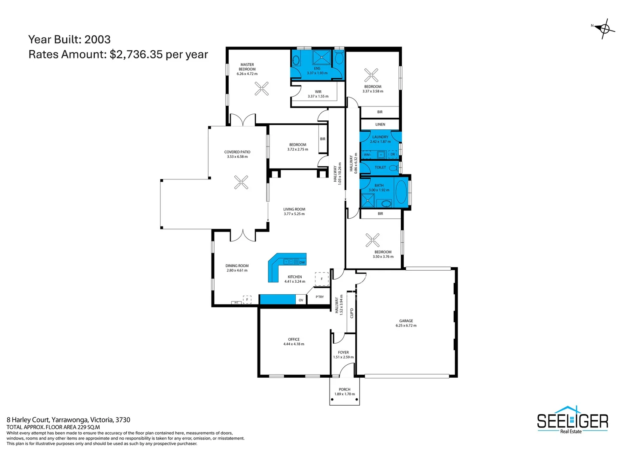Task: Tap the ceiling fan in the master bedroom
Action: pyautogui.click(x=261, y=89)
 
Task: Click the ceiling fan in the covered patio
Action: pyautogui.click(x=241, y=182)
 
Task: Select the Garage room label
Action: pyautogui.click(x=406, y=321)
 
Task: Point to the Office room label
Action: pyautogui.click(x=294, y=339)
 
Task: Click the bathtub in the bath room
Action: pyautogui.click(x=401, y=192)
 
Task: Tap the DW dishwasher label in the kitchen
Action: pyautogui.click(x=302, y=263)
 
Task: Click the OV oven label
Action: pyautogui.click(x=301, y=300)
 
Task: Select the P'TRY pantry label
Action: pyautogui.click(x=320, y=297)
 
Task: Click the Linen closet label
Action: pyautogui.click(x=380, y=125)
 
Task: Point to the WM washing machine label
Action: pyautogui.click(x=367, y=155)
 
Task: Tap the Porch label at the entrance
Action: pyautogui.click(x=345, y=390)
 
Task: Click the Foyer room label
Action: pyautogui.click(x=343, y=352)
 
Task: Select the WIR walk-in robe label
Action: pyautogui.click(x=318, y=92)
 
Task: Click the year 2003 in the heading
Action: pyautogui.click(x=97, y=40)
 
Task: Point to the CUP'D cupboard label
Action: pyautogui.click(x=352, y=313)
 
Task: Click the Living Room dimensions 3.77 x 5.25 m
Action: pyautogui.click(x=294, y=214)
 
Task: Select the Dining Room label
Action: pyautogui.click(x=237, y=266)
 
